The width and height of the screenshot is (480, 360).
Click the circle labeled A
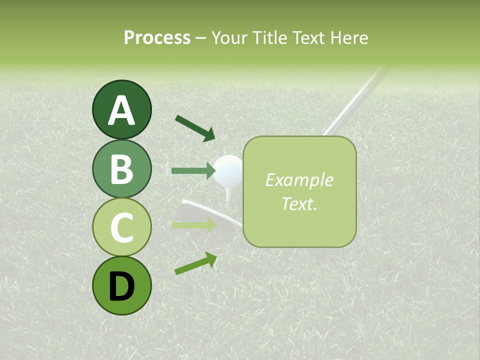(x=121, y=110)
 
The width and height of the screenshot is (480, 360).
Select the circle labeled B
(x=121, y=169)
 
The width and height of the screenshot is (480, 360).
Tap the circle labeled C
(x=121, y=227)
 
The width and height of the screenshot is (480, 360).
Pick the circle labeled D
(x=121, y=285)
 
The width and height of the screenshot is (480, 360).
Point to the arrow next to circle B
(x=193, y=171)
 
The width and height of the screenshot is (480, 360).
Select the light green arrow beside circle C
(x=193, y=225)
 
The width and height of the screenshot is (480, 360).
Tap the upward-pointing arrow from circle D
(x=195, y=263)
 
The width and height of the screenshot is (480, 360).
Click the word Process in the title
(x=157, y=38)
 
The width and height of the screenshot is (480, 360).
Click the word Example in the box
(x=299, y=180)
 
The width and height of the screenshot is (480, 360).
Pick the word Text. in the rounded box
(x=299, y=203)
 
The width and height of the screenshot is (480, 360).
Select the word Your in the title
(x=230, y=38)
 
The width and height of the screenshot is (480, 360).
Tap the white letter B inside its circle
(x=121, y=169)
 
